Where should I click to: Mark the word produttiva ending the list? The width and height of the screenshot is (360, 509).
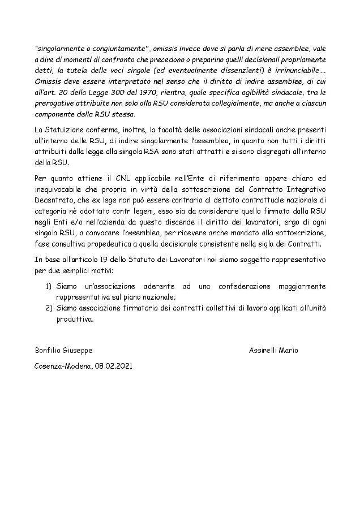(74, 318)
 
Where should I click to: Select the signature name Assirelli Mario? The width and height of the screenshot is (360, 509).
(273, 350)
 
